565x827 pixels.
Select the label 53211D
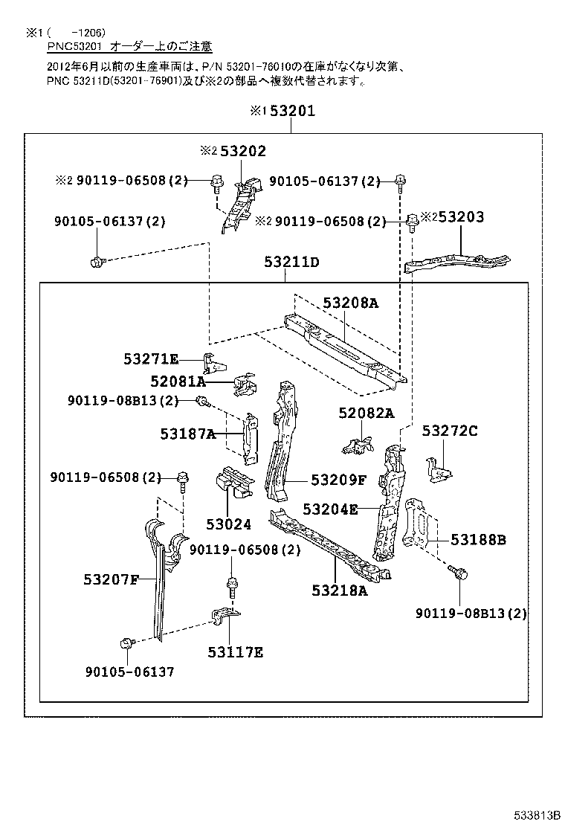pyautogui.click(x=291, y=263)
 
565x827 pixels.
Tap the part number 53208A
pyautogui.click(x=350, y=303)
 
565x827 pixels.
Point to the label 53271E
pyautogui.click(x=151, y=359)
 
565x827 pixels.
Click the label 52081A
pyautogui.click(x=177, y=382)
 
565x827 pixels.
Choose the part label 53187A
pyautogui.click(x=187, y=434)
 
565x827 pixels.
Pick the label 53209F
pyautogui.click(x=338, y=480)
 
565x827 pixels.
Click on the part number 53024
pyautogui.click(x=229, y=524)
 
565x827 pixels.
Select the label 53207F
pyautogui.click(x=111, y=579)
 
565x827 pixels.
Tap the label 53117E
pyautogui.click(x=235, y=652)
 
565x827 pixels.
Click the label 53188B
pyautogui.click(x=479, y=539)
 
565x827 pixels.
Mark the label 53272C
pyautogui.click(x=450, y=431)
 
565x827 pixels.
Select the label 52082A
pyautogui.click(x=366, y=413)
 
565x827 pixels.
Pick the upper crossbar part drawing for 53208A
pyautogui.click(x=342, y=350)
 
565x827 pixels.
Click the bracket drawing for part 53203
pyautogui.click(x=457, y=261)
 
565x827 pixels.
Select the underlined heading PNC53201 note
pyautogui.click(x=130, y=48)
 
